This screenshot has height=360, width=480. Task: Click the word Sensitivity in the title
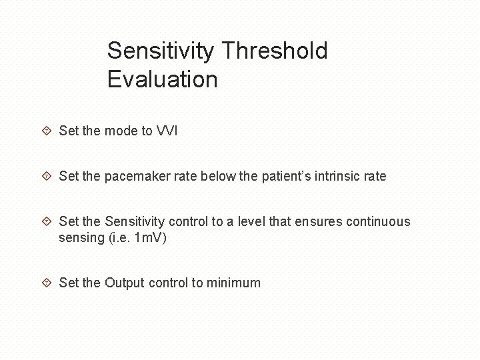[161, 51]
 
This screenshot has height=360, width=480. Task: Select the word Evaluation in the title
[162, 80]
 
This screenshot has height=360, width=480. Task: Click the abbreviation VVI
[167, 131]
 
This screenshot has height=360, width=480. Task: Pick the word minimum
[233, 283]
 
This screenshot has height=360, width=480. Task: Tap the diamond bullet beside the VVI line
[47, 131]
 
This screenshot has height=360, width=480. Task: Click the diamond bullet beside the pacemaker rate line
[47, 177]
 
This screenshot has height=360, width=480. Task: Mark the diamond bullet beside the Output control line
[47, 283]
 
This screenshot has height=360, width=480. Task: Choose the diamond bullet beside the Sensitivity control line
[47, 222]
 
